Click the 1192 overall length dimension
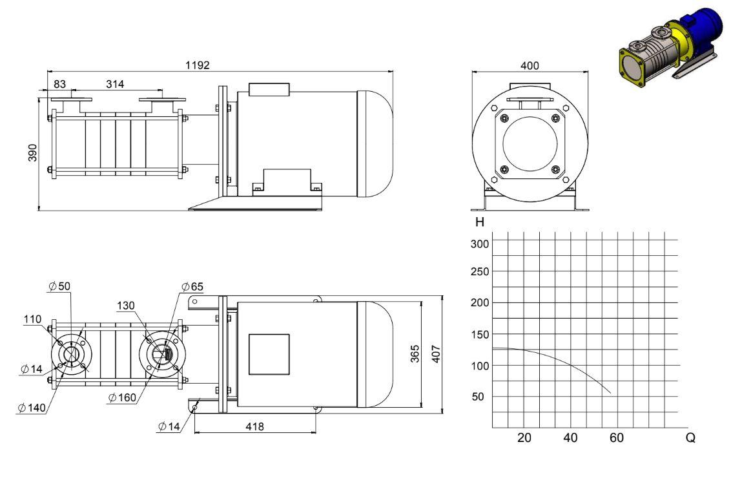[198, 65]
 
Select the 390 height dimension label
[33, 152]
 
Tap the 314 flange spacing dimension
[115, 84]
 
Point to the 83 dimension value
[59, 84]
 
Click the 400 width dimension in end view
[530, 66]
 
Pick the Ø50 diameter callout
[59, 286]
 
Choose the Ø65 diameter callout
[192, 286]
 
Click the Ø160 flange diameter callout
[122, 397]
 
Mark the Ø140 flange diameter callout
[32, 408]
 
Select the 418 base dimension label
[254, 426]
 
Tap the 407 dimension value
[436, 353]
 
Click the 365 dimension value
[415, 353]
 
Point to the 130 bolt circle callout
[126, 306]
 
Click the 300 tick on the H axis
[480, 244]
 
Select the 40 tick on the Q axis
[570, 437]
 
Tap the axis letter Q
[690, 437]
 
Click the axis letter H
[480, 222]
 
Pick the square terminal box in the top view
[269, 354]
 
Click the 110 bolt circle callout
[33, 319]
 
